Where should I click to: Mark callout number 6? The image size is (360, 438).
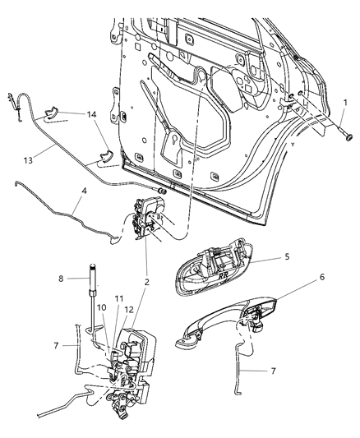(321, 301)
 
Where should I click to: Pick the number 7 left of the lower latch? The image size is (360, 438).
(56, 347)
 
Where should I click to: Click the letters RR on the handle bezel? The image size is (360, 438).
(225, 277)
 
